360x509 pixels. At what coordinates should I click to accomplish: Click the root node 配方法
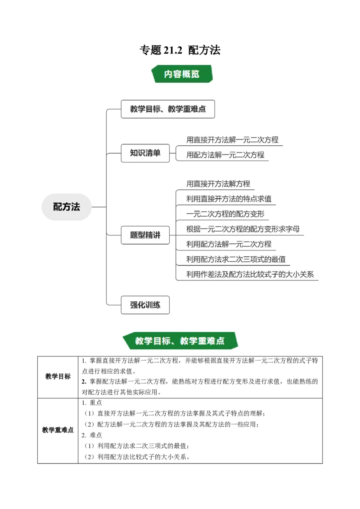[66, 207]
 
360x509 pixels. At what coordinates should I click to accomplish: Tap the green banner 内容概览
[181, 74]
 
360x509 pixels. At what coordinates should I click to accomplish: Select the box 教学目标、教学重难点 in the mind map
[167, 109]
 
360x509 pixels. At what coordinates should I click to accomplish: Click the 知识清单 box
[145, 153]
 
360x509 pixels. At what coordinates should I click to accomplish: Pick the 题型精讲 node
[145, 235]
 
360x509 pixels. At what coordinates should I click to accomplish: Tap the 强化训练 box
[145, 305]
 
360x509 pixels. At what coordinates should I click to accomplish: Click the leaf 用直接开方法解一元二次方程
[232, 140]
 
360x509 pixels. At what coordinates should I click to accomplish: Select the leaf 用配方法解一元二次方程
[225, 155]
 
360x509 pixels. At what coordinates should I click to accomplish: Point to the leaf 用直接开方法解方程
[218, 183]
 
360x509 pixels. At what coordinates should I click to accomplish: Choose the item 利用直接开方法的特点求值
[229, 198]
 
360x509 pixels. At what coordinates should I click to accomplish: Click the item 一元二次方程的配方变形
[225, 214]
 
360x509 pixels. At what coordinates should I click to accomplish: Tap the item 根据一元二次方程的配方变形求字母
[243, 229]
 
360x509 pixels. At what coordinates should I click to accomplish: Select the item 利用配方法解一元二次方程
[229, 244]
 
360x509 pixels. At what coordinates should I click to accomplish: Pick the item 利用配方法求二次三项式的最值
[236, 259]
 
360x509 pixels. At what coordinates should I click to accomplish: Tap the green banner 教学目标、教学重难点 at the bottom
[180, 340]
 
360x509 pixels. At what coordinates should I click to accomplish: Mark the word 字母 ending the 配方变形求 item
[292, 229]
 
